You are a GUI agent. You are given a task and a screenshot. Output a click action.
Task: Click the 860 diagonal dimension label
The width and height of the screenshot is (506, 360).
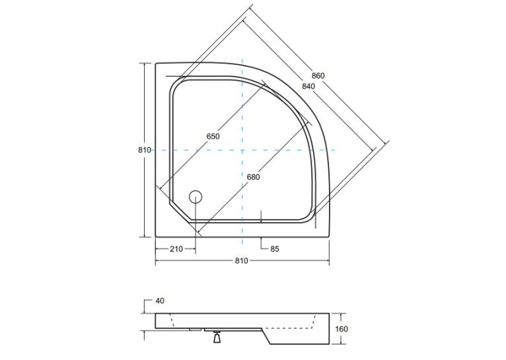click(318, 76)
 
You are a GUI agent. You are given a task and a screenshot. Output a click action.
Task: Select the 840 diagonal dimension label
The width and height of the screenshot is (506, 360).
click(308, 87)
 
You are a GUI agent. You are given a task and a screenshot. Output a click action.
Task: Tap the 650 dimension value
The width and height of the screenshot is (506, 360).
click(213, 137)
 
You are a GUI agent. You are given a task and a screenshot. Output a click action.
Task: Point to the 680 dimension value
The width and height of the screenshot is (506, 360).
click(253, 177)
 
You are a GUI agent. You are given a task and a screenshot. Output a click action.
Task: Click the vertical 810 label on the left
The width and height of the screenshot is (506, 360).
click(145, 150)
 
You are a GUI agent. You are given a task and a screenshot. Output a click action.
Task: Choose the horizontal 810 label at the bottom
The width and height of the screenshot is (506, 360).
click(241, 261)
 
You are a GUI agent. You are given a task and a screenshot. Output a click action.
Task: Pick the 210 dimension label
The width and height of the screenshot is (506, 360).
click(176, 249)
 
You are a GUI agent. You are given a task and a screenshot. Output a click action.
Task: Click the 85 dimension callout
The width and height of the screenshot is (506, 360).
click(275, 249)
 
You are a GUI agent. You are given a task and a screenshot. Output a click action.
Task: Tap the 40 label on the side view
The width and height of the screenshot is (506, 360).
click(160, 301)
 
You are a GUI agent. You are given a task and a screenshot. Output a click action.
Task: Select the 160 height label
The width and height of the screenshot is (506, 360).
click(342, 329)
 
